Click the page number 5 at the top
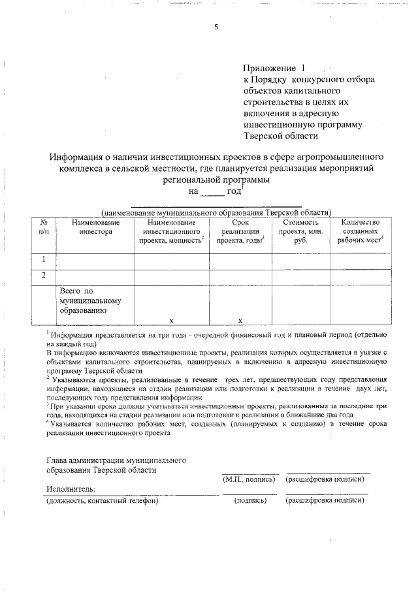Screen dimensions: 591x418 [216, 27]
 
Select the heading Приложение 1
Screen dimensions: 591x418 [274, 68]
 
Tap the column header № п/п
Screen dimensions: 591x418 [43, 227]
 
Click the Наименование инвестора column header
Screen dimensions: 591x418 [95, 227]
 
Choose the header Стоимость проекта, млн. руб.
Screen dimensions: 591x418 [300, 232]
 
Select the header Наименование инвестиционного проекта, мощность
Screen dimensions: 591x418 [171, 232]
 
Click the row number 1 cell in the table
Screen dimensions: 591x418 [43, 260]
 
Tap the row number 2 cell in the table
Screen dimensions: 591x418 [43, 276]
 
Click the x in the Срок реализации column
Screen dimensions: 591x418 [240, 320]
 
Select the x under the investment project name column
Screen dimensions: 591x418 [171, 320]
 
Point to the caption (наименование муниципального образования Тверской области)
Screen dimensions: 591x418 [216, 212]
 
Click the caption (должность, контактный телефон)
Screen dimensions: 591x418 [103, 501]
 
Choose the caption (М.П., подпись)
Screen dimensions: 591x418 [248, 479]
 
